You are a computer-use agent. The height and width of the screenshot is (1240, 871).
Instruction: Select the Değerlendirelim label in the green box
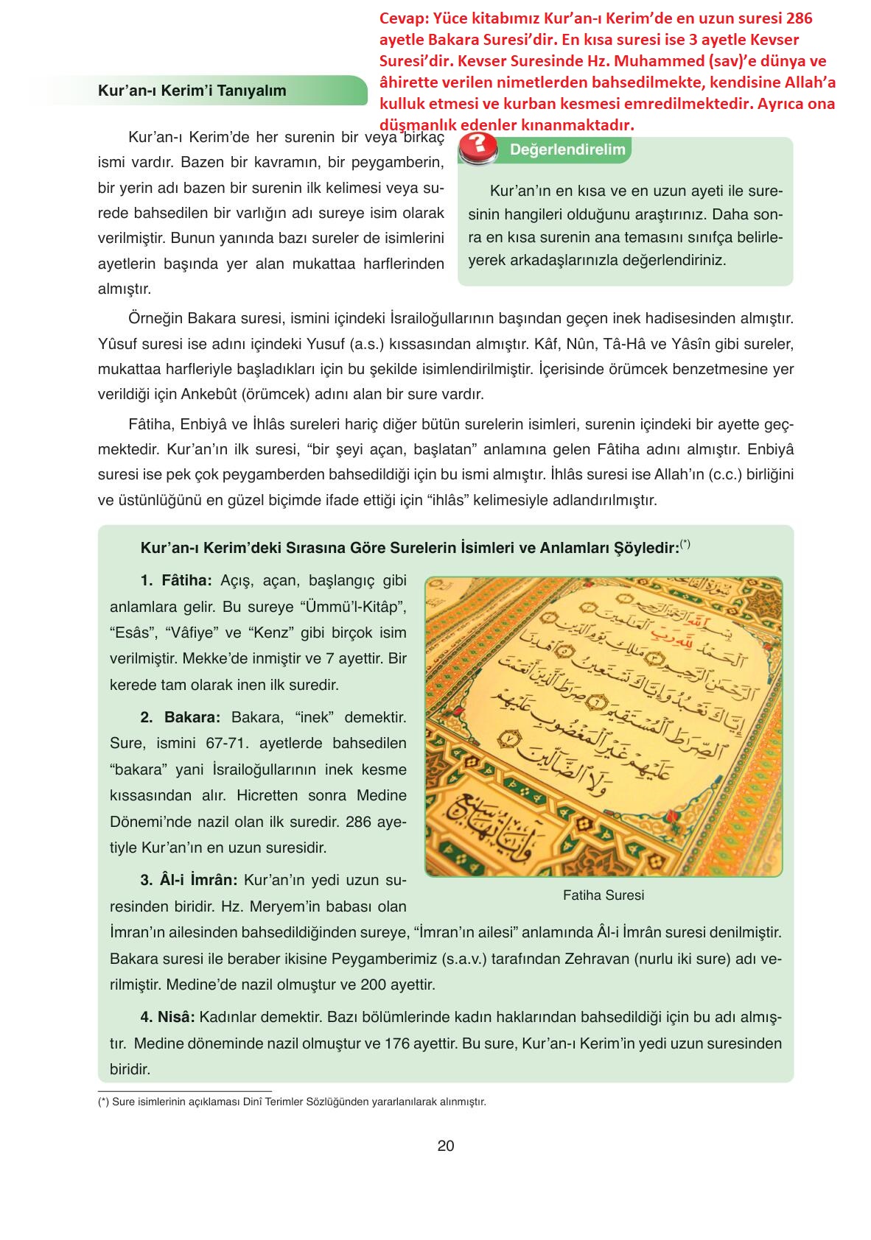567,149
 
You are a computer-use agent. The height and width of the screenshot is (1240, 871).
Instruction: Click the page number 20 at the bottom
445,1146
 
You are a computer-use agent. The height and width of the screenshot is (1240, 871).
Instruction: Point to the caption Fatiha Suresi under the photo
603,895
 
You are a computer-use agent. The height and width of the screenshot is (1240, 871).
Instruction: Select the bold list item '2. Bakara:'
181,717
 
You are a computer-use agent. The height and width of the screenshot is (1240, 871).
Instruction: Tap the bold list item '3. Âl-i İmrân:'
189,880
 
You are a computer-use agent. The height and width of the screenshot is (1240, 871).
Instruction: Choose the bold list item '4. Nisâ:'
167,1017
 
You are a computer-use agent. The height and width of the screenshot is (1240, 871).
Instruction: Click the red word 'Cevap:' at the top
404,18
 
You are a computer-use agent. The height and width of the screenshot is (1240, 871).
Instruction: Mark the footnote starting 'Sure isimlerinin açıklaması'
293,1102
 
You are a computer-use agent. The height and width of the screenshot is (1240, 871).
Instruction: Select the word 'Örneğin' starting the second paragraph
155,318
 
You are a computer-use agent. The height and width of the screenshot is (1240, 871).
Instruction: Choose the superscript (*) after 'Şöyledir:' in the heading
685,544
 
